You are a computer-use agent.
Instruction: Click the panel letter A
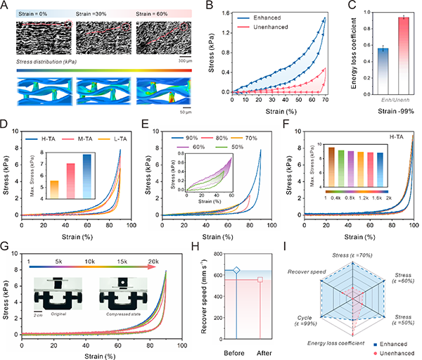[6, 6]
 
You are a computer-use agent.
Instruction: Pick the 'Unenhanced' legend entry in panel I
[395, 351]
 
